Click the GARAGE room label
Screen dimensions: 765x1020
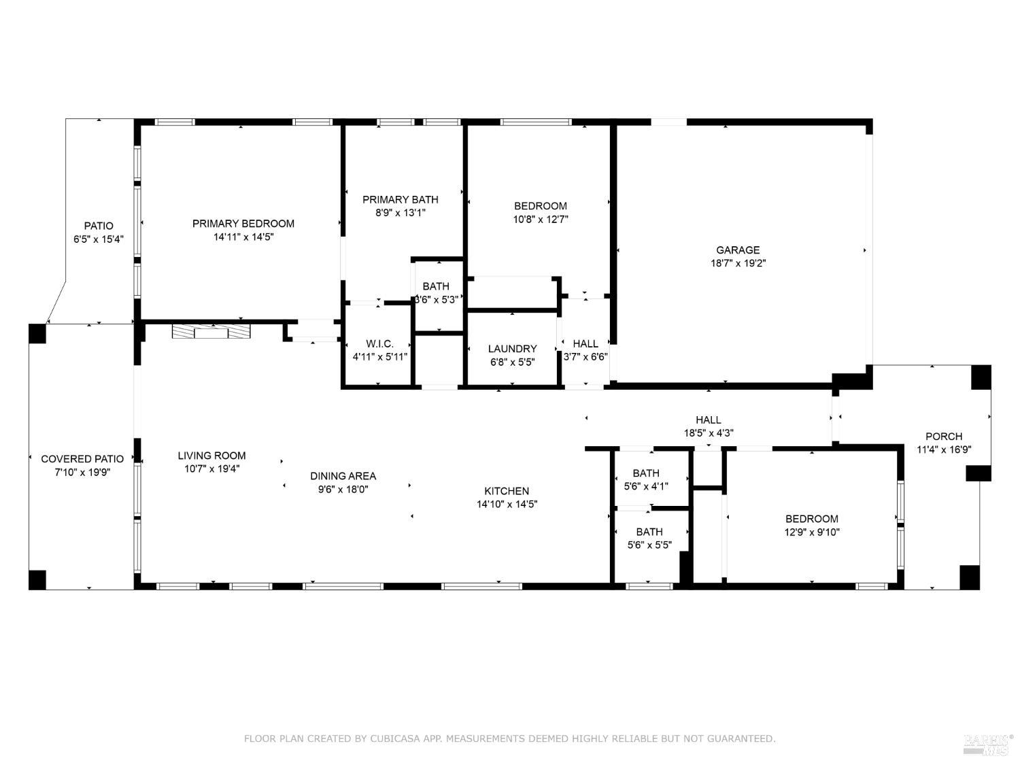tap(737, 250)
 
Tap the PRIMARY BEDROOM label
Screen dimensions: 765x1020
tap(243, 224)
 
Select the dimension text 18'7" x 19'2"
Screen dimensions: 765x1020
tap(737, 263)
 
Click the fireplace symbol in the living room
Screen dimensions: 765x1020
tap(211, 332)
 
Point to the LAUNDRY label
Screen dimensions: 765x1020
tap(512, 349)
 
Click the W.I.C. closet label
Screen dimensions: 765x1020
tap(379, 344)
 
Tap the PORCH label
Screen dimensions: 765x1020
tap(943, 437)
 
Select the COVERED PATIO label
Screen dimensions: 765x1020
tap(82, 459)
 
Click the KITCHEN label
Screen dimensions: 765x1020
tap(507, 491)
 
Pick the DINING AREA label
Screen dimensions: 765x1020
tap(343, 476)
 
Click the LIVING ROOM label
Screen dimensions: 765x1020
tap(211, 456)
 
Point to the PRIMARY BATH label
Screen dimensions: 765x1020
tap(400, 199)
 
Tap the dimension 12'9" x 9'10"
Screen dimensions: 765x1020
tap(811, 532)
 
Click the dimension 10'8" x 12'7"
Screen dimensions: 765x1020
tap(540, 219)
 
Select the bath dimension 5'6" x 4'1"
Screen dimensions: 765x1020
tap(645, 486)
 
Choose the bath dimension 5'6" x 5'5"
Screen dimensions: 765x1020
tap(649, 545)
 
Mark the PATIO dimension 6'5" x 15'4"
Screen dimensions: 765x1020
tap(99, 239)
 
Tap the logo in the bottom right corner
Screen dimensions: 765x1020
tap(988, 744)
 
